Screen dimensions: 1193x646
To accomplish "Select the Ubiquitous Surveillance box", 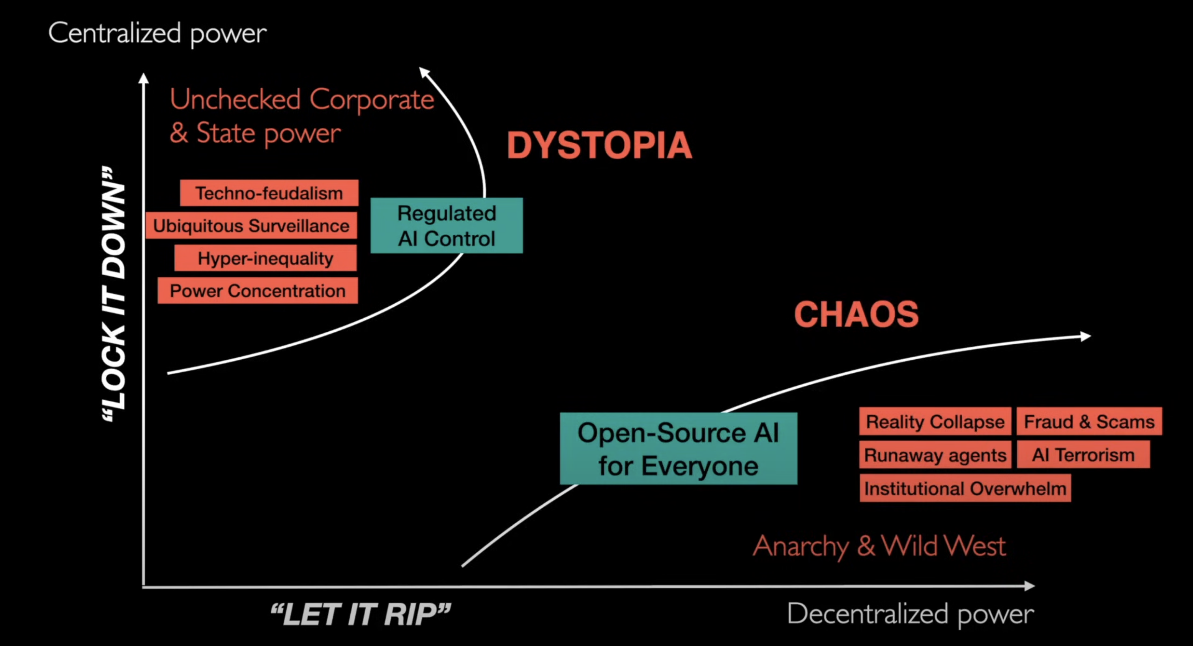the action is click(251, 226).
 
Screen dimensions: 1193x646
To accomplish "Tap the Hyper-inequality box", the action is click(266, 258).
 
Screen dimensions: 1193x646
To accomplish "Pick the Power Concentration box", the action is click(258, 290).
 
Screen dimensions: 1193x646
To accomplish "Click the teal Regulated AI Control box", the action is click(447, 226).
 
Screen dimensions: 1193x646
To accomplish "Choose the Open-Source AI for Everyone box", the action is click(679, 449).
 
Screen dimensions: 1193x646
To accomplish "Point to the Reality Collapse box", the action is click(935, 422).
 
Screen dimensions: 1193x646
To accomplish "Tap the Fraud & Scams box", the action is click(1089, 422).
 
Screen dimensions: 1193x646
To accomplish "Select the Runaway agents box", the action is click(935, 455).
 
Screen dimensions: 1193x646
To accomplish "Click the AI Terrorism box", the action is click(1083, 455).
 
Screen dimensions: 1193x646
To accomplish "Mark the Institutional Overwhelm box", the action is click(965, 488).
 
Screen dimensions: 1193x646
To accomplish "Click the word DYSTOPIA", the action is click(599, 146).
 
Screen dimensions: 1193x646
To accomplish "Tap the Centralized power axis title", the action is click(157, 34).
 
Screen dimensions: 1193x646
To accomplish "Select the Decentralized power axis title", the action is click(911, 614).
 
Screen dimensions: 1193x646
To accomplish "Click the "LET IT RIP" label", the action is click(360, 614).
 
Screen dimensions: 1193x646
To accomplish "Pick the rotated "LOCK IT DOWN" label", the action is click(114, 294).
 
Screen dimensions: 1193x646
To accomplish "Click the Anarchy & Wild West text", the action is click(879, 547).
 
